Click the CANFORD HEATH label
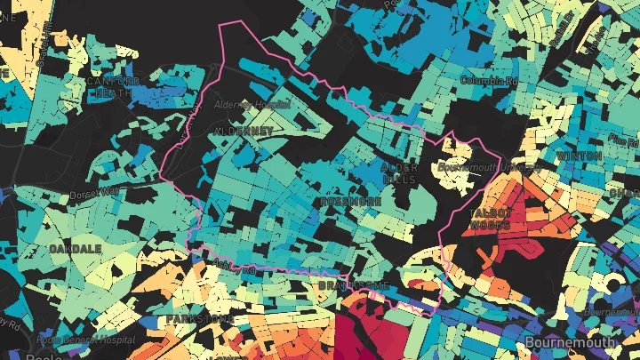tap(113, 87)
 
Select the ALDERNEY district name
tap(244, 131)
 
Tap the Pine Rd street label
tap(624, 140)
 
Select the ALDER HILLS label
tap(398, 173)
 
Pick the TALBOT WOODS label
tap(489, 220)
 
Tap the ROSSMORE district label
tap(349, 202)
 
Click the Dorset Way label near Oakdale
tap(98, 190)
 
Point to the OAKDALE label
tap(76, 248)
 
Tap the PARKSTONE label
tap(200, 318)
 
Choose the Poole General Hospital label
tap(85, 340)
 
